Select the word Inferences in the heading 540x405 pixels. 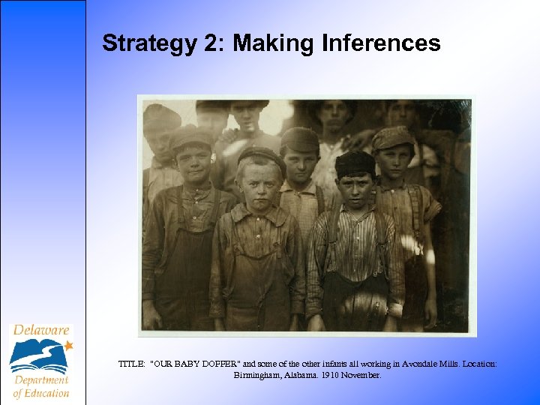[x=381, y=43]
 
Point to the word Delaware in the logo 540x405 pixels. [x=40, y=330]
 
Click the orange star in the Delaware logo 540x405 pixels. [x=69, y=346]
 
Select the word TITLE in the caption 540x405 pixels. [x=132, y=364]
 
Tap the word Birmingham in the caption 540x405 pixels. [x=259, y=374]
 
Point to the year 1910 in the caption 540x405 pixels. [x=331, y=374]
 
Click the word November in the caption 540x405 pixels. [x=362, y=374]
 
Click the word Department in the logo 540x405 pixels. [x=40, y=380]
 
